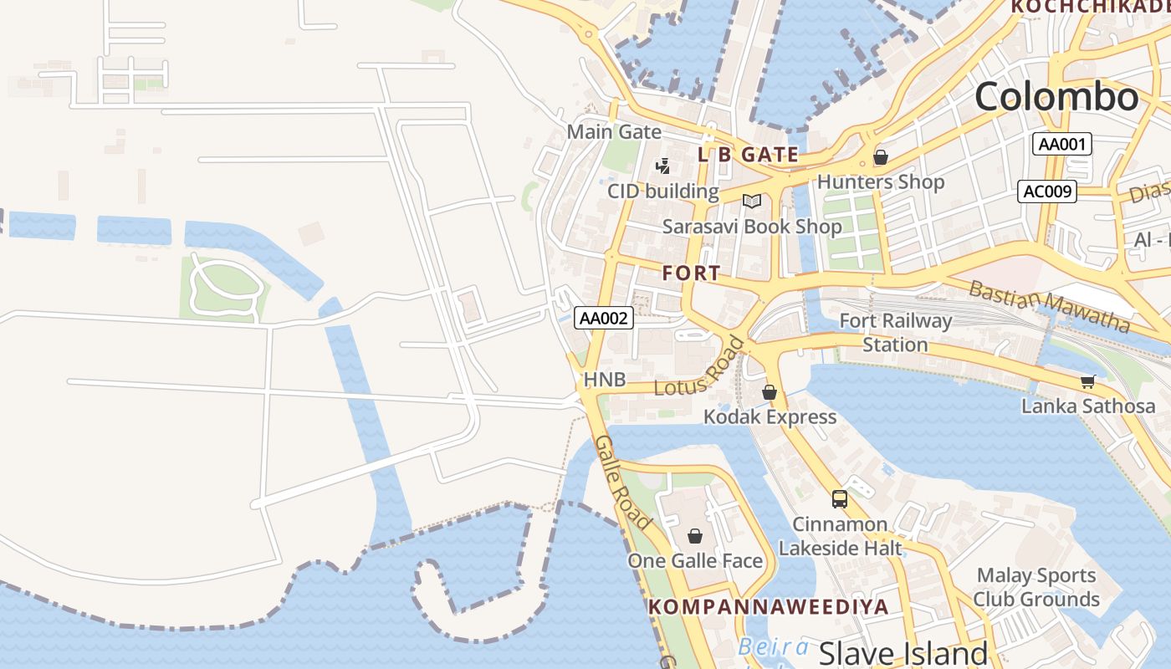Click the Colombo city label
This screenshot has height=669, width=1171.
[x=1056, y=97]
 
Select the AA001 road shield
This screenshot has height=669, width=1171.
[x=1061, y=144]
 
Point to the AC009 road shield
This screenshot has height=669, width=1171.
[x=1046, y=192]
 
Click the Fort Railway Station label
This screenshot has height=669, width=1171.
[x=895, y=332]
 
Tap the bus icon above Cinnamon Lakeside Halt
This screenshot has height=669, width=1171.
[x=840, y=499]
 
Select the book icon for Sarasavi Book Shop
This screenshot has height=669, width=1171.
[x=752, y=202]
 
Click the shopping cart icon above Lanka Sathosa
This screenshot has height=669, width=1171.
[x=1087, y=382]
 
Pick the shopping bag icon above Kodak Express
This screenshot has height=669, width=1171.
[x=770, y=391]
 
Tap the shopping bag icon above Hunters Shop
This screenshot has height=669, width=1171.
[x=880, y=157]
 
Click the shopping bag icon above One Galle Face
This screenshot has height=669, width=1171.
[x=694, y=536]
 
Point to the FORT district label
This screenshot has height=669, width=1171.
[x=691, y=273]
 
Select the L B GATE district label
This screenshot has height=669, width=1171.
[x=748, y=155]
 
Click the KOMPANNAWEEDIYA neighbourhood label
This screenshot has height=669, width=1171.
[x=769, y=607]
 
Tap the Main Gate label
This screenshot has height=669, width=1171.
[x=614, y=132]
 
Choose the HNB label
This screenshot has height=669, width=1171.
[x=604, y=380]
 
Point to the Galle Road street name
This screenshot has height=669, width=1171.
[x=623, y=483]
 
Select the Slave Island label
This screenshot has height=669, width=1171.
[x=903, y=653]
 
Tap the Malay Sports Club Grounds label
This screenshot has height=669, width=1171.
[x=1036, y=587]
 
